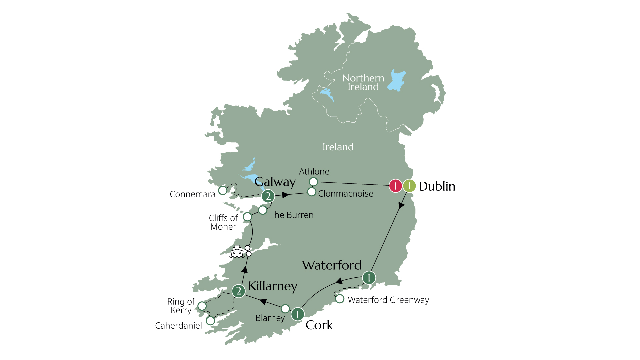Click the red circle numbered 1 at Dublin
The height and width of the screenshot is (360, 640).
coord(395,186)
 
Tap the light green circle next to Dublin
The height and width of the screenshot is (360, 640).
coord(409,186)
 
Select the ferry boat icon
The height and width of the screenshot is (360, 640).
coord(237,252)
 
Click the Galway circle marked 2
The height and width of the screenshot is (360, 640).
coord(268,196)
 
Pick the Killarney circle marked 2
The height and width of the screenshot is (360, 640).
coord(239,291)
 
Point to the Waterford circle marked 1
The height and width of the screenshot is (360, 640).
coord(369,278)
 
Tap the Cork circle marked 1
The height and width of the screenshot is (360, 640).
coord(298,314)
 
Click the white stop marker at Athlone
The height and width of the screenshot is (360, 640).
coord(313,182)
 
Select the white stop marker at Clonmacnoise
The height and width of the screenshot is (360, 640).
coord(312,192)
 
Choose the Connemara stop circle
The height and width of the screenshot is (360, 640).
coord(223,190)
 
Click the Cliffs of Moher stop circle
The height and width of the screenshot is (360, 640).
coord(247,217)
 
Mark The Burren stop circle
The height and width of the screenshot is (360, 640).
coord(263,210)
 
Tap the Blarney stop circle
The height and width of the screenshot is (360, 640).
coord(285,309)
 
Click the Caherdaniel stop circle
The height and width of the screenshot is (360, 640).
coord(210,321)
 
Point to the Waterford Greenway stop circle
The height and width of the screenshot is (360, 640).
coord(340,299)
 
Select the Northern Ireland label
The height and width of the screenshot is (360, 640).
coord(363,82)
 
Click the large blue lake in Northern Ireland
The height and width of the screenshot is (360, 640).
coord(397,81)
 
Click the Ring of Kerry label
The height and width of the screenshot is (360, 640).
coord(181,306)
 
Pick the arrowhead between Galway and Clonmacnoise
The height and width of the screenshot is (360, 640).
coord(285,195)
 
